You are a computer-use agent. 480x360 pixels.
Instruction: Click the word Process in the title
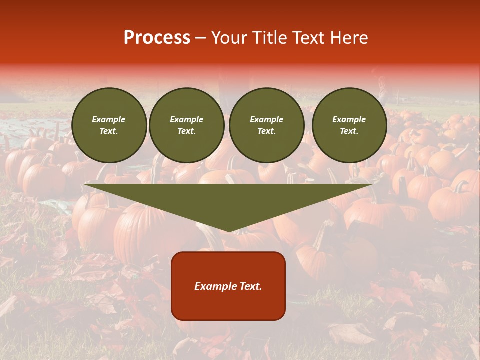click(x=157, y=38)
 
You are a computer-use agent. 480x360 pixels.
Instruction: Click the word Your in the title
click(x=228, y=38)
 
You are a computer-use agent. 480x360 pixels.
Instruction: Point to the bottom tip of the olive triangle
click(x=228, y=230)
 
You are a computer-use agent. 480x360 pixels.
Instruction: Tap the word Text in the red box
click(x=251, y=286)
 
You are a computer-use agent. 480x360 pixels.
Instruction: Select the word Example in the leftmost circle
click(x=109, y=119)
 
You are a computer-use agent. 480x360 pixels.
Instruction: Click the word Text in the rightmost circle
click(x=349, y=131)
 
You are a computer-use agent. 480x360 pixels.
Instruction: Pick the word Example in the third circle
click(x=267, y=119)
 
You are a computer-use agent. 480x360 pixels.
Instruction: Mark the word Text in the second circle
click(x=187, y=131)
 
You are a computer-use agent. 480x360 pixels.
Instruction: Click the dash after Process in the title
click(x=201, y=38)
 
